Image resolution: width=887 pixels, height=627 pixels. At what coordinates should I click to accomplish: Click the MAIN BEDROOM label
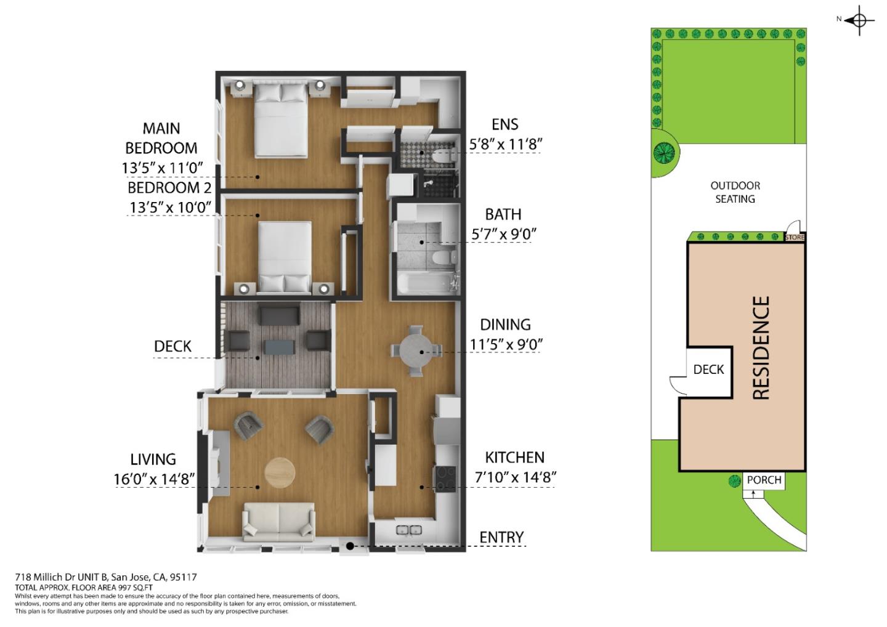click(x=161, y=138)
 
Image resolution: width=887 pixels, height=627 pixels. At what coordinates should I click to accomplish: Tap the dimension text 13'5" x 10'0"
click(x=171, y=207)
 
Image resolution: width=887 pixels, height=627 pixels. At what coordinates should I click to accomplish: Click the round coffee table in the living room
click(x=280, y=473)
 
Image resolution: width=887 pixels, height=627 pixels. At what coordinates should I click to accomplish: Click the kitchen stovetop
click(x=445, y=478)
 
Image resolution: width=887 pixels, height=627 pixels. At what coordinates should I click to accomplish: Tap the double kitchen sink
click(x=408, y=530)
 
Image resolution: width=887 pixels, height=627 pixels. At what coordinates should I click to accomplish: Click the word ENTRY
click(x=501, y=537)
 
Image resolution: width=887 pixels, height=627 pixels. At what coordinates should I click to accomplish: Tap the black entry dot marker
click(x=349, y=546)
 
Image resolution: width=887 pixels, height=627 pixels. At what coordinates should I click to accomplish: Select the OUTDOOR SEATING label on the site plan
click(x=735, y=192)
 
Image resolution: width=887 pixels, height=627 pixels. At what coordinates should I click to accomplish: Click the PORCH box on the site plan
click(x=764, y=480)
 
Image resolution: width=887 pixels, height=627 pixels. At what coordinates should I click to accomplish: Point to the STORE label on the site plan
click(x=795, y=237)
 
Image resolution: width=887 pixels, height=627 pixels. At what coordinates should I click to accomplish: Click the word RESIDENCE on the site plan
click(x=761, y=348)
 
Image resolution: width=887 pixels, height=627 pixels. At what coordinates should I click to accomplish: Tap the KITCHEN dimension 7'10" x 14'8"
click(x=516, y=477)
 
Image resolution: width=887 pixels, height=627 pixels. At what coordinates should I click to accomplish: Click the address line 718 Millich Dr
click(x=106, y=577)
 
